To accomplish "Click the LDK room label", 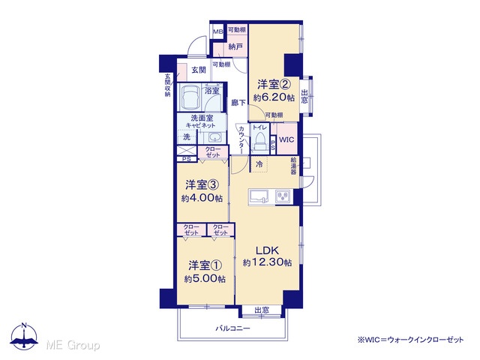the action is [x=267, y=250].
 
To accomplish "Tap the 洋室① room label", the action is [x=205, y=265].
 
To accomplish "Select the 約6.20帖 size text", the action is [x=274, y=97].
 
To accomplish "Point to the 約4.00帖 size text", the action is [x=202, y=198].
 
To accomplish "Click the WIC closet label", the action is [x=286, y=140].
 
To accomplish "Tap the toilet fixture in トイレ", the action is [x=260, y=142].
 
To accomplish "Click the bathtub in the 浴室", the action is [x=190, y=97].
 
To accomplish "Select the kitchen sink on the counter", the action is [x=259, y=196].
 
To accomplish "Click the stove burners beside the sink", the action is [x=284, y=196].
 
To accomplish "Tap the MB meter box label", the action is [x=218, y=31].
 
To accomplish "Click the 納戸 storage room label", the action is [x=235, y=46].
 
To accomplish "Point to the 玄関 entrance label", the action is [x=199, y=70].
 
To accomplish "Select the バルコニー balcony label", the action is [x=232, y=328].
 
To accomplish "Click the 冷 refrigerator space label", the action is [x=259, y=164].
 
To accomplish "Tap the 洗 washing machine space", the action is [x=187, y=136].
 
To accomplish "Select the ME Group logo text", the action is [x=73, y=345].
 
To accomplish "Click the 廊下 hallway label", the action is [x=238, y=103].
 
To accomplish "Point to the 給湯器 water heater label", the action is [x=294, y=166].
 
